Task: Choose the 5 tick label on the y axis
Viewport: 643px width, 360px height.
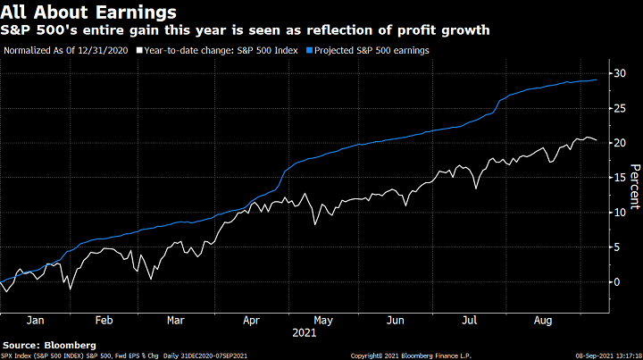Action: click(x=616, y=247)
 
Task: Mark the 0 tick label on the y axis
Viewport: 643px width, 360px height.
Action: click(x=616, y=281)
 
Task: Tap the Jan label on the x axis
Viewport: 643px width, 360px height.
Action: click(x=36, y=320)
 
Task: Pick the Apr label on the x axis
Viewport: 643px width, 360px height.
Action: click(x=252, y=320)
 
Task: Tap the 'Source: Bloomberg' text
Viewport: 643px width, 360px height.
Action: click(x=49, y=344)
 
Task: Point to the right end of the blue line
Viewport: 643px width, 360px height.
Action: click(x=597, y=80)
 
